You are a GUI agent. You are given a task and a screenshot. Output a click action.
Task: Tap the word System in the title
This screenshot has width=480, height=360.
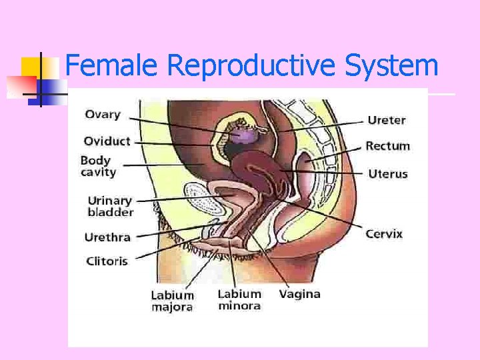pos(391,67)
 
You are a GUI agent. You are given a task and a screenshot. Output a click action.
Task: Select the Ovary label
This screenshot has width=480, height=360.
pos(103,114)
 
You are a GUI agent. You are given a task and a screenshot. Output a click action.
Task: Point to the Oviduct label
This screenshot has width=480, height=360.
pos(107,141)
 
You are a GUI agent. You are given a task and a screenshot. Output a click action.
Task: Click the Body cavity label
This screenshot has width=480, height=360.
pos(98,166)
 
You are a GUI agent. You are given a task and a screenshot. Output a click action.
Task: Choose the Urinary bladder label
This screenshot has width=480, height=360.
pos(111,206)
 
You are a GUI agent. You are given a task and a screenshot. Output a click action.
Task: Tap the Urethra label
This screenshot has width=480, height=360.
pos(107,237)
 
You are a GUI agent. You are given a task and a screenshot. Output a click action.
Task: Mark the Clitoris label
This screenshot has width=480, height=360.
pos(107,261)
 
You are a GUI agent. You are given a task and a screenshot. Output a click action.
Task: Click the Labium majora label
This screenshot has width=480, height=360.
pos(172,301)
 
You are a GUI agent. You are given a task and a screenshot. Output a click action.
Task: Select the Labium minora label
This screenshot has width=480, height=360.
pos(239,300)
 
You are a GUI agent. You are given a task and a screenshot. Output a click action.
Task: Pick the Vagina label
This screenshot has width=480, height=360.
pos(299,293)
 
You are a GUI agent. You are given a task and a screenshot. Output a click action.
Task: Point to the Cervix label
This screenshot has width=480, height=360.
pos(384,234)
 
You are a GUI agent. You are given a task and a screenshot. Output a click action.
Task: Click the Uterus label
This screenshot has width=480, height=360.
pos(387,174)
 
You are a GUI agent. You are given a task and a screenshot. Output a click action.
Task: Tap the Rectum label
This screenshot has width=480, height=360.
pos(387,146)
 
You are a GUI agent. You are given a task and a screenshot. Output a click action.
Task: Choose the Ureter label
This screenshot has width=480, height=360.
pos(387,120)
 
